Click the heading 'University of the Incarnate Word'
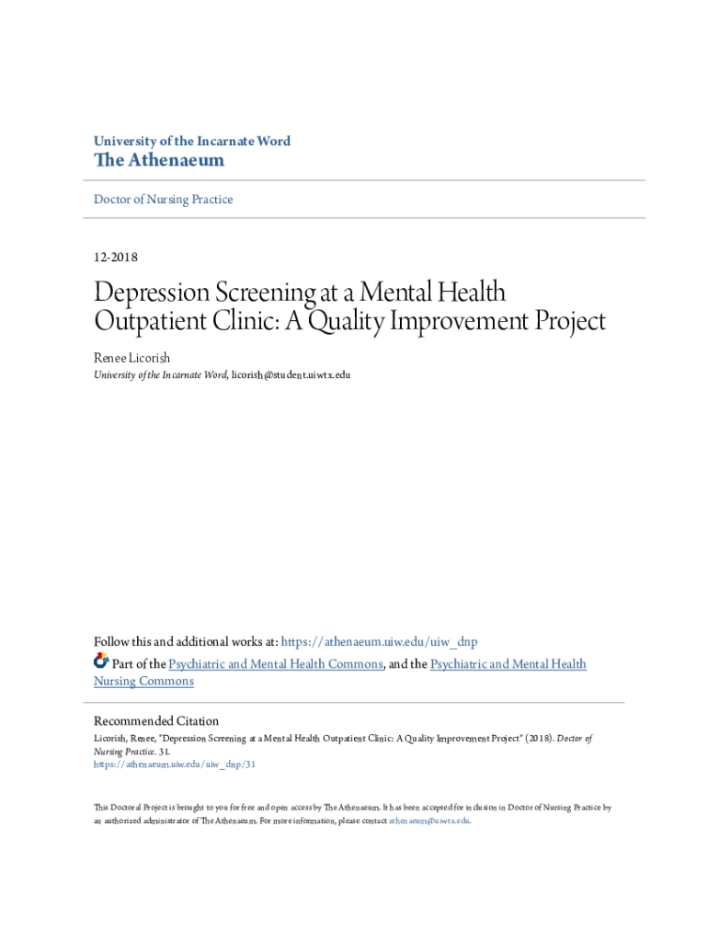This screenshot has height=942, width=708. (192, 142)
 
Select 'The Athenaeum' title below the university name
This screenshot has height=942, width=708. (159, 161)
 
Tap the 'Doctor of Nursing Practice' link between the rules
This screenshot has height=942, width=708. (164, 200)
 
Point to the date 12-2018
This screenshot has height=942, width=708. (116, 258)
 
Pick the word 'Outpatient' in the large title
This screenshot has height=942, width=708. (151, 321)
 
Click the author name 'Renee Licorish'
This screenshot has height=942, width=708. (131, 357)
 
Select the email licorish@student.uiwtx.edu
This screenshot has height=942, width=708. (291, 375)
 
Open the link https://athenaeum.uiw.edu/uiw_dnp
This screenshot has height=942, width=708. (379, 642)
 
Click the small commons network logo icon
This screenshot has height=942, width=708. (101, 661)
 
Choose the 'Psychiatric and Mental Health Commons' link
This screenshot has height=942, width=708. (276, 664)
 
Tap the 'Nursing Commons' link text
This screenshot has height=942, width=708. (143, 682)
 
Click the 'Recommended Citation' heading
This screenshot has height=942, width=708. (156, 721)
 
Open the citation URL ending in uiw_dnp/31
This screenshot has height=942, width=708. (175, 764)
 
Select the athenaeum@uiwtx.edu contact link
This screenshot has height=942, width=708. (429, 821)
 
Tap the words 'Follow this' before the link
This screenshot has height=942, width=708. (125, 642)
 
